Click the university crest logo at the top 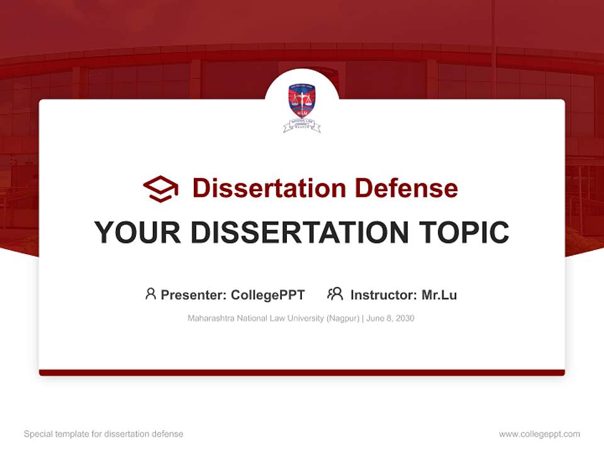(302, 107)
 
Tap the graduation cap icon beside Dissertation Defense (160, 189)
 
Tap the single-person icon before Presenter (150, 294)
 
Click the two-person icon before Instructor (335, 294)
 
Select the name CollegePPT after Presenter (268, 295)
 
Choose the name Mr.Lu (439, 295)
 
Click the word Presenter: (194, 295)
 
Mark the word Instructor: (383, 295)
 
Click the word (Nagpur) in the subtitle (341, 318)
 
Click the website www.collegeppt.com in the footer (539, 434)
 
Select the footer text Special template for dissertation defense (104, 434)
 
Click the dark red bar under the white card (302, 372)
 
